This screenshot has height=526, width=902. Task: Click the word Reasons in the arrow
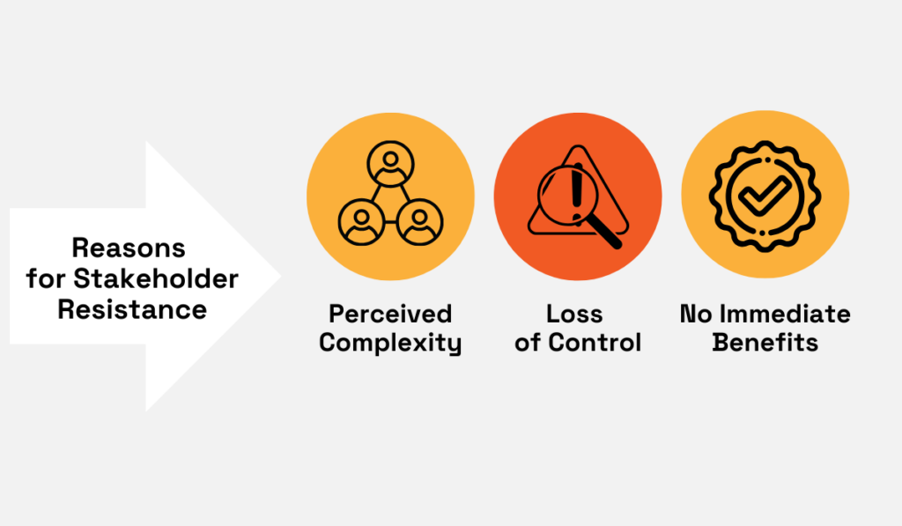click(x=129, y=248)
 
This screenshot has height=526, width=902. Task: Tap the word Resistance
click(x=132, y=310)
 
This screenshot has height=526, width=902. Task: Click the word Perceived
click(x=390, y=314)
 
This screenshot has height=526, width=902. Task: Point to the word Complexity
click(x=390, y=343)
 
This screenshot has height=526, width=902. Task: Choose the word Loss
click(x=577, y=314)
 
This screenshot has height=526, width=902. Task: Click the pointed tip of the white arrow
click(x=279, y=276)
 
